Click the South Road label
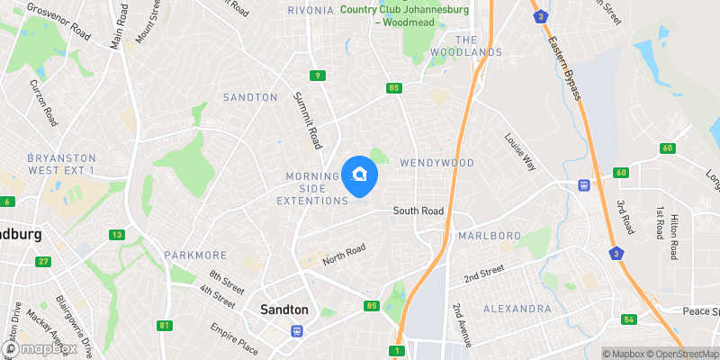tap(418, 211)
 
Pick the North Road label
tap(345, 256)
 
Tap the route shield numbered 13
tap(117, 235)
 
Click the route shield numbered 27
tap(43, 262)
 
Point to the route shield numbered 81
tap(163, 326)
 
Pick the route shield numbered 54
tap(629, 320)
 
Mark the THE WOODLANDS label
tap(478, 46)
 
